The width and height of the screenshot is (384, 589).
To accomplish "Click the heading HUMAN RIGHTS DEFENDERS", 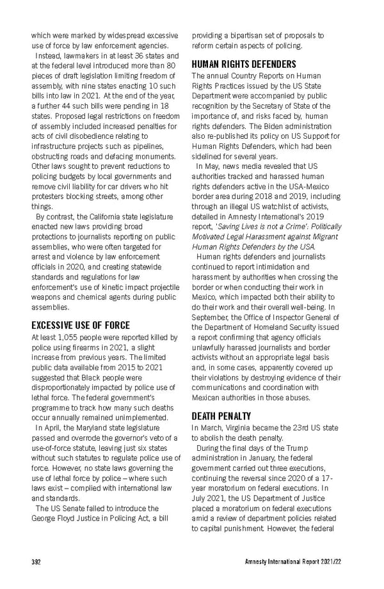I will [x=244, y=65].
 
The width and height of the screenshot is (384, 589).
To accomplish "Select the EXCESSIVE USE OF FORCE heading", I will [x=81, y=325].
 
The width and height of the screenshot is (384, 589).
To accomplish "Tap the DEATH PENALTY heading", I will [x=221, y=416].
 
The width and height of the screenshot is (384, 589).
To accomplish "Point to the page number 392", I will [x=36, y=562].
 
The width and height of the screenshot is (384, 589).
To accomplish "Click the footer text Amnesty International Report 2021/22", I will [x=300, y=562].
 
